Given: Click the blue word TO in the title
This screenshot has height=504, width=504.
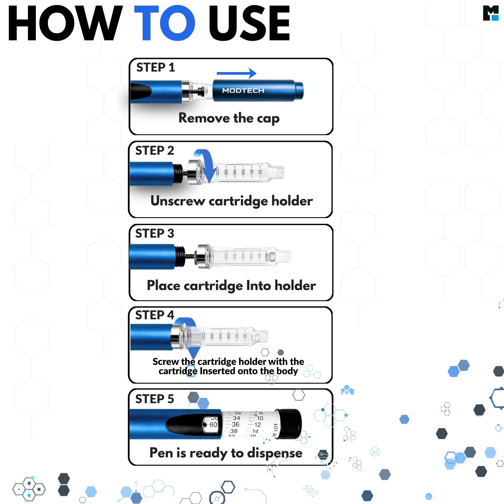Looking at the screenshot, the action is [x=164, y=23].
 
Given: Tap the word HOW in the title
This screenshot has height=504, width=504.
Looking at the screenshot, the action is [x=65, y=23].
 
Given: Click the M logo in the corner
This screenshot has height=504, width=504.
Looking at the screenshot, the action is [x=491, y=13].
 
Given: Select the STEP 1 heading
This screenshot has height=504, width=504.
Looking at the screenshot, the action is [x=155, y=67].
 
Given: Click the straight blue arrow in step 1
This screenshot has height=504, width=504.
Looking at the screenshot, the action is [x=236, y=73].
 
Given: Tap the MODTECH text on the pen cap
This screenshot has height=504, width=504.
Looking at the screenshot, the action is [x=243, y=90].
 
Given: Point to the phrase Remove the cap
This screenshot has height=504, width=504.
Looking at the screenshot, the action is [x=229, y=118].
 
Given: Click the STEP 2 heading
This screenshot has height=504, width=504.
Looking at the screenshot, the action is [x=155, y=150].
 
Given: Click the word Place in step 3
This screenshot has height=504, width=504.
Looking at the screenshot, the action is [x=164, y=286].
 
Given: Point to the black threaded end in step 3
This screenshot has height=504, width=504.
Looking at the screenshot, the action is [x=180, y=257].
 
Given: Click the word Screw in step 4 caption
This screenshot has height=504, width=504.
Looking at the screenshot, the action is [x=166, y=362].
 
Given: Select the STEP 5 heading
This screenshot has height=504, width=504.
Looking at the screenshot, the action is [x=155, y=399].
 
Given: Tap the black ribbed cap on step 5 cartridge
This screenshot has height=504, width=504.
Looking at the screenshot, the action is [x=289, y=424].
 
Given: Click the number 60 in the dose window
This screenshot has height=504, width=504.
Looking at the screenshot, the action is [x=213, y=425].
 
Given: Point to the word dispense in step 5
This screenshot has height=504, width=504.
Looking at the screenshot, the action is [x=275, y=453].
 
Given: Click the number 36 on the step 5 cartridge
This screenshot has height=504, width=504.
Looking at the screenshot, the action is [x=235, y=424].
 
